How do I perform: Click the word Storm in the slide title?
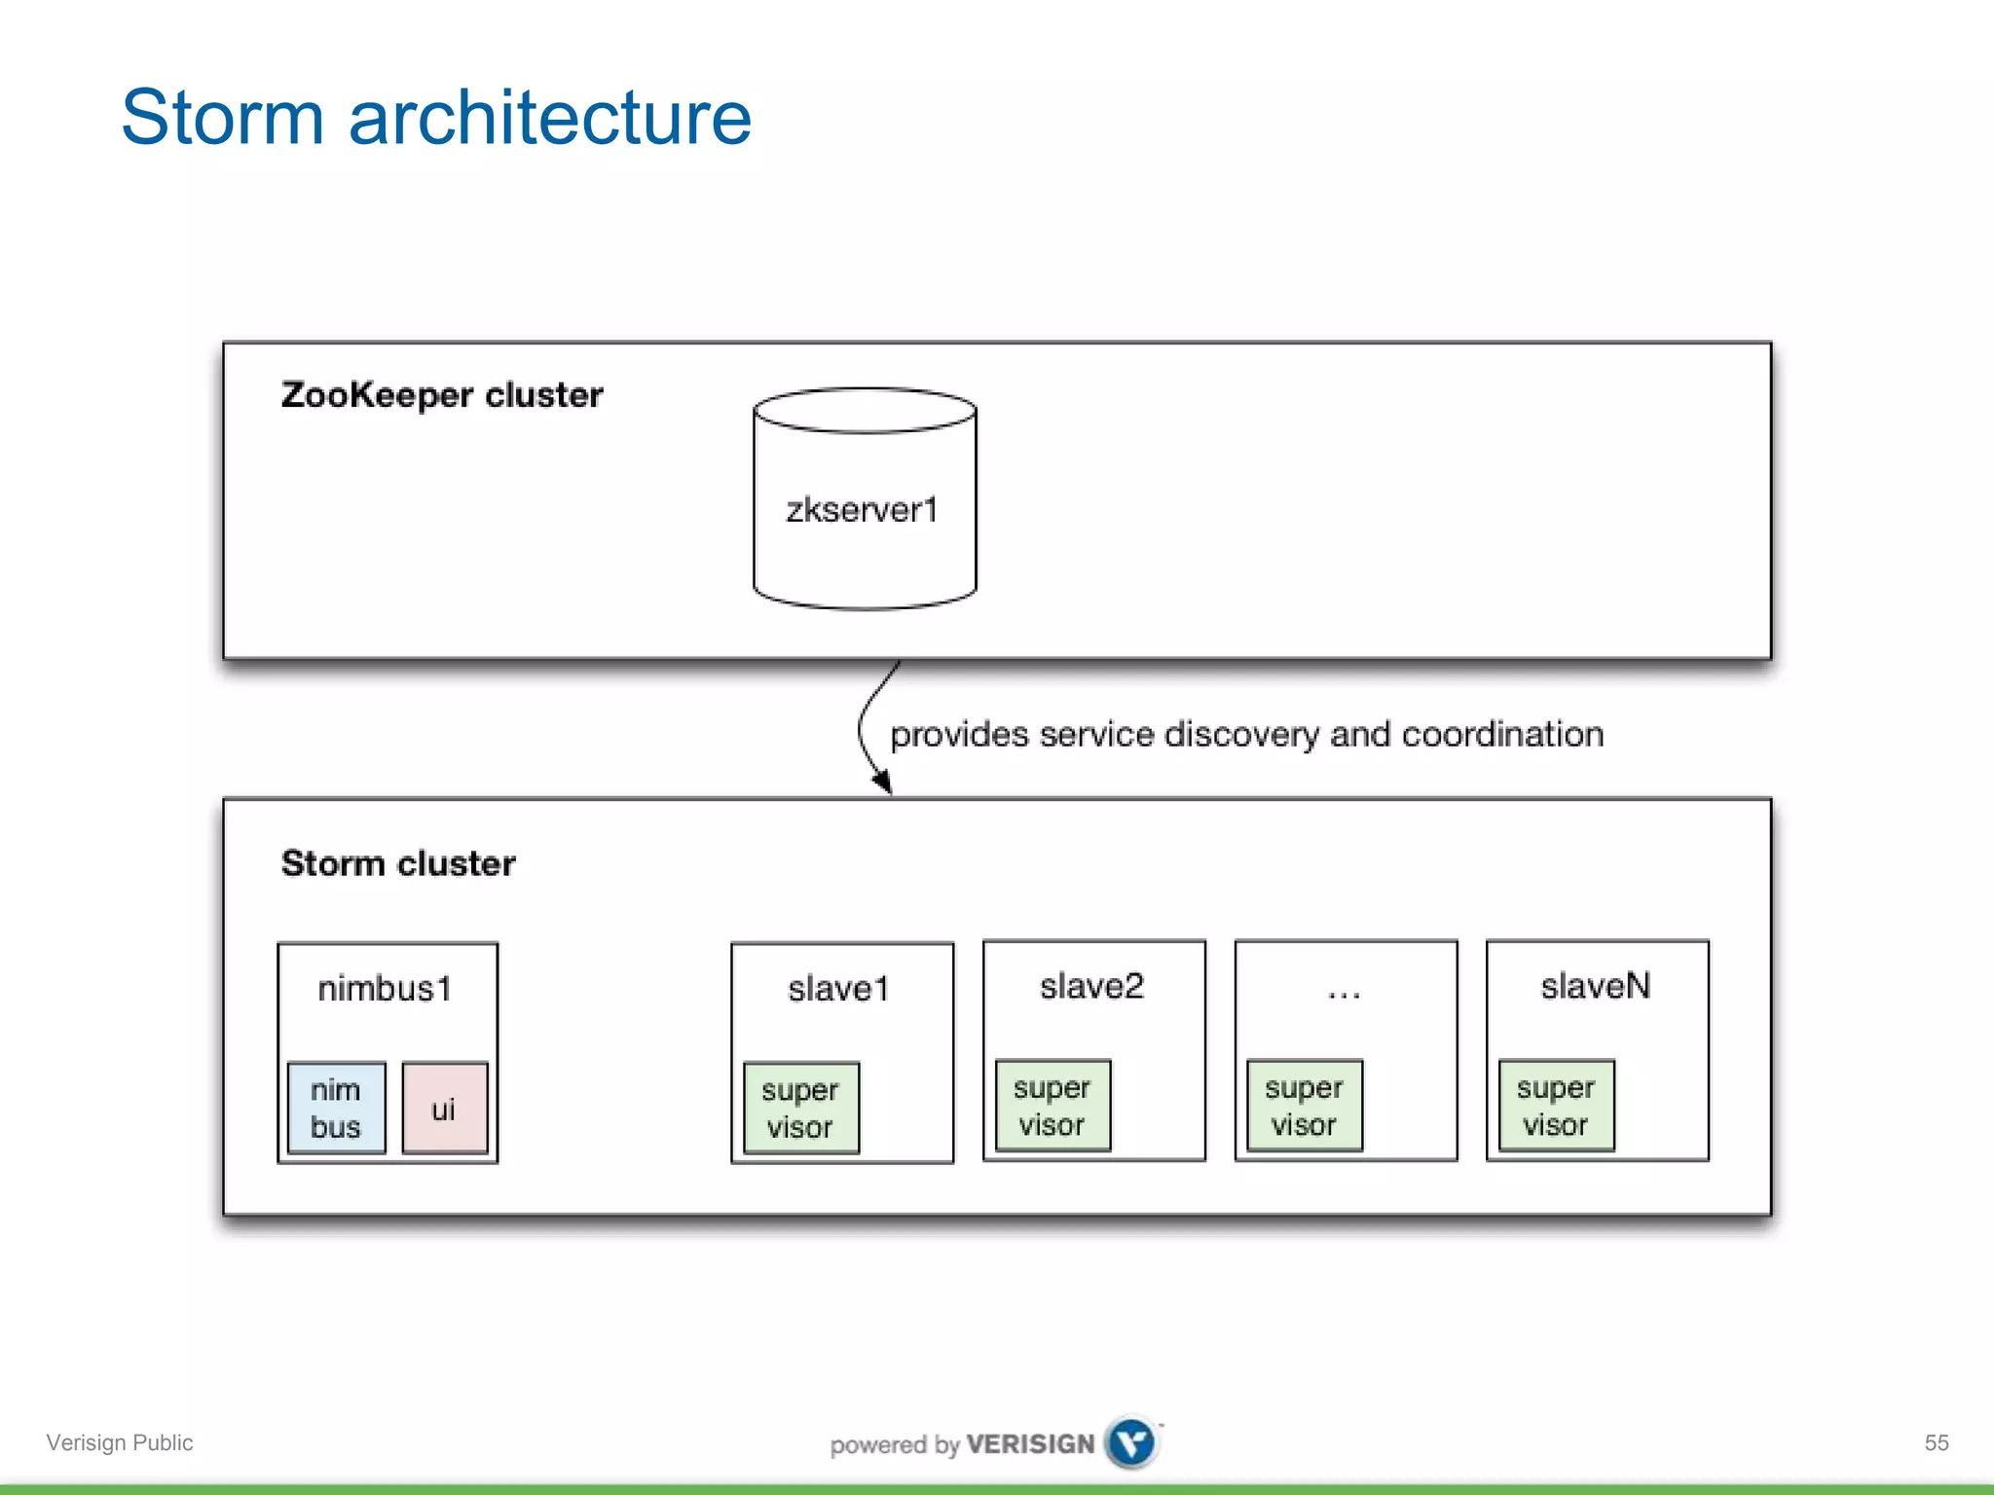[222, 118]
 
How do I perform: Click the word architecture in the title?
[550, 118]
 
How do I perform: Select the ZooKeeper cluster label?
[442, 395]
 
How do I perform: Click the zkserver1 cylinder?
[864, 509]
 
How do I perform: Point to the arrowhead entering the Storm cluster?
[882, 782]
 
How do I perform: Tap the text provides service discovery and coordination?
[1246, 734]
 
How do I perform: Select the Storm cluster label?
[398, 863]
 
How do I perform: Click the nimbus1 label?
[386, 989]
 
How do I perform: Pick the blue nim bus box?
[336, 1108]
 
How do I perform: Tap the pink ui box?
[444, 1108]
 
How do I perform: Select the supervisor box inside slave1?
[800, 1108]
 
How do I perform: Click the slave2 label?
[1091, 986]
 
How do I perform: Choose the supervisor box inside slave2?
[1052, 1106]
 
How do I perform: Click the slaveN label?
[1596, 986]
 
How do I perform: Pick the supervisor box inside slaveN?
[1556, 1106]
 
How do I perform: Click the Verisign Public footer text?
[120, 1442]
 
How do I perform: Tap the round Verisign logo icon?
[1131, 1442]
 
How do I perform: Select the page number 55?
[1937, 1442]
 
